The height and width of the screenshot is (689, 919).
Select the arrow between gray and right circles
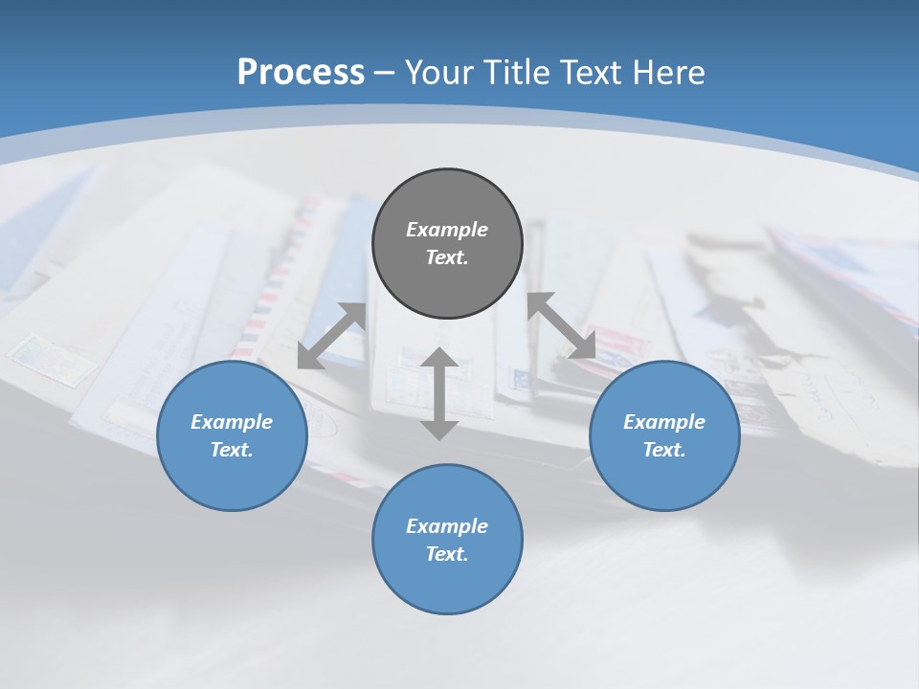tap(561, 325)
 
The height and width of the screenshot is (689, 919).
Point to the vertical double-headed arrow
tap(439, 393)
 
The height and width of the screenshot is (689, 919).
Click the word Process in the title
tap(301, 72)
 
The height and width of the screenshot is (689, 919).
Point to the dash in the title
tap(384, 73)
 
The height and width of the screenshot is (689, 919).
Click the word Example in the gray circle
tap(447, 230)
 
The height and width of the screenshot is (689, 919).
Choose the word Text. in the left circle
tap(232, 450)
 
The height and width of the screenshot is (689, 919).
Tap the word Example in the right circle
tap(664, 422)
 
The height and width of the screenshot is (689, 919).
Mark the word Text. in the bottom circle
tap(447, 554)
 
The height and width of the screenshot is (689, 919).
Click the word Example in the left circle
tap(232, 422)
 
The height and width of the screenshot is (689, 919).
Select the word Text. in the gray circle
tap(447, 257)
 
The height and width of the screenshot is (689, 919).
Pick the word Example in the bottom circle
tap(447, 526)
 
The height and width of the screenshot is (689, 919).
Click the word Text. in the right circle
tap(664, 450)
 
